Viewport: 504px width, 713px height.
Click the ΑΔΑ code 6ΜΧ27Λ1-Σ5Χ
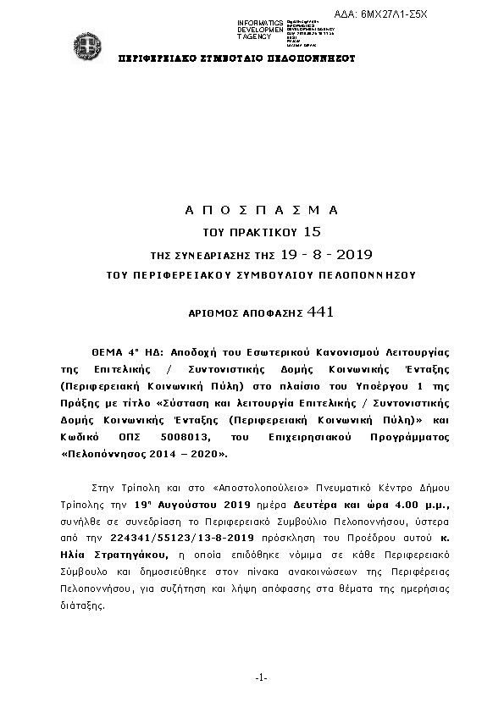[455, 15]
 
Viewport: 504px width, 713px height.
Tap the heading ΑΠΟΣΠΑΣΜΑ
[261, 209]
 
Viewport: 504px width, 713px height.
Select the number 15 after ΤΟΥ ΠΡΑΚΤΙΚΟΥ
[313, 230]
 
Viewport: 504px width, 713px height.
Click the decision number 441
[321, 312]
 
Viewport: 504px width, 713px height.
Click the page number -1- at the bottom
[261, 677]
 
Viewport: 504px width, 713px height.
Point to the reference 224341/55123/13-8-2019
[178, 539]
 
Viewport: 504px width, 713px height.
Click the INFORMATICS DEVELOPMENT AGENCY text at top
[260, 30]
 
